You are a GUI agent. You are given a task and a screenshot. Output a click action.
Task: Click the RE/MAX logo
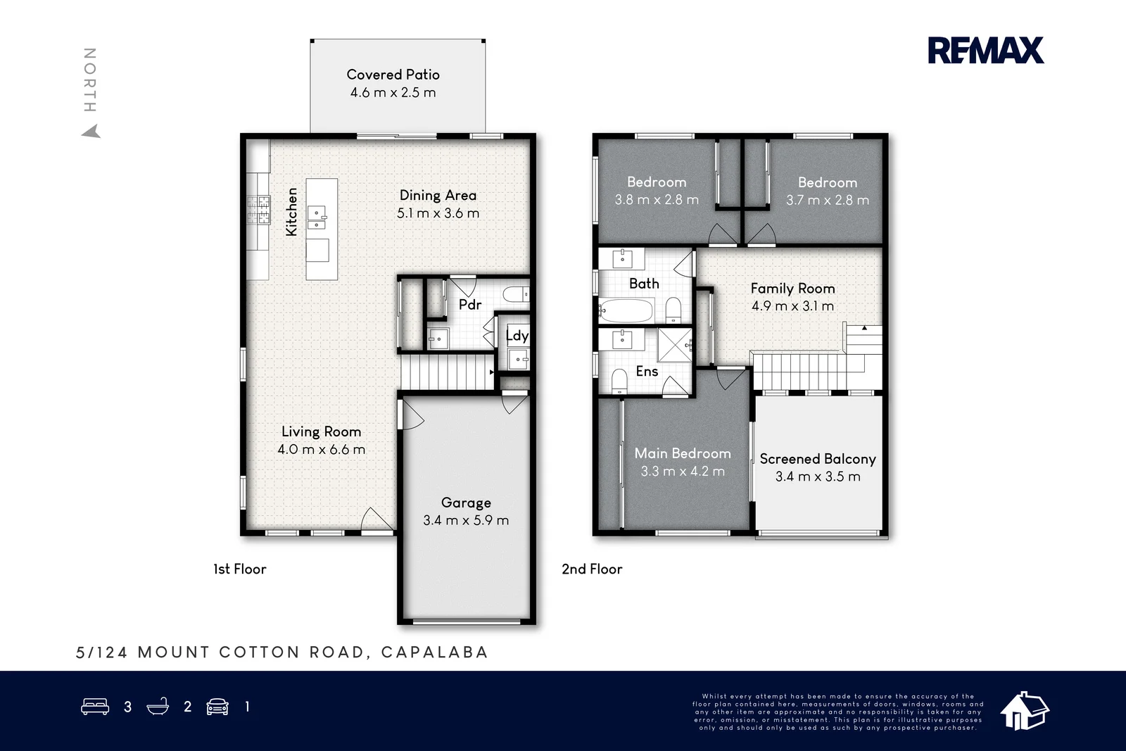986,50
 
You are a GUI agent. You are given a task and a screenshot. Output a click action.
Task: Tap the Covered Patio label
393,75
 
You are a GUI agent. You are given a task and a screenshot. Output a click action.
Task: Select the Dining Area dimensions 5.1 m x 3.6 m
438,213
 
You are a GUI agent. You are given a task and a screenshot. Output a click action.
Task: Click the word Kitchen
291,212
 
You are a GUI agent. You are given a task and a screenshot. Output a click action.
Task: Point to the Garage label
466,503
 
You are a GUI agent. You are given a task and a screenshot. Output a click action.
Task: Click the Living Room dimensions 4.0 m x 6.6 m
321,449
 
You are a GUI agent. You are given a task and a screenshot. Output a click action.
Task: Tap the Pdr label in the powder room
470,305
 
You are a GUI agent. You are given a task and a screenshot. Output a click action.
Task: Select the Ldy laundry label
517,336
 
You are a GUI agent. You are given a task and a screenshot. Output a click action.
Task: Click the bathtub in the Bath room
626,310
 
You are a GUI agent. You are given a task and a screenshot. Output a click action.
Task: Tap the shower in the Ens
675,345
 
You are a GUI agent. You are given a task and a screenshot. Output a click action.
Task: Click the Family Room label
792,289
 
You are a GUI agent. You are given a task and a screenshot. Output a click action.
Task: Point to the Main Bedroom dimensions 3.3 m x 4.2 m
683,472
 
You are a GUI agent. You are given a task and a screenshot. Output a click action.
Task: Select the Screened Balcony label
818,459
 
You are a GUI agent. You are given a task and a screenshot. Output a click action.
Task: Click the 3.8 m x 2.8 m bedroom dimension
657,200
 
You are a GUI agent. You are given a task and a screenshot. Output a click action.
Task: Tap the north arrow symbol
91,131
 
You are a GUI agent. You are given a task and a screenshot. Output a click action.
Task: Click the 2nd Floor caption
592,569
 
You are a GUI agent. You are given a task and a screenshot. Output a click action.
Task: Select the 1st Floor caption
240,569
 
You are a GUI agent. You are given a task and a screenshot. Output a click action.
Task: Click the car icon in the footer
217,707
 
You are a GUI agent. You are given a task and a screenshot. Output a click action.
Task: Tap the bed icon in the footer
95,706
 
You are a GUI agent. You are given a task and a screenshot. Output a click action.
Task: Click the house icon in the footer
1025,711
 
